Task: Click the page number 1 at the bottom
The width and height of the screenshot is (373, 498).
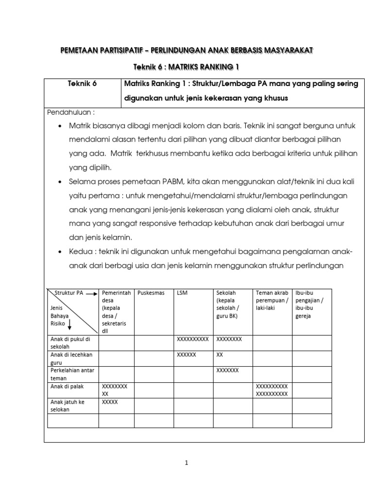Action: coord(186,463)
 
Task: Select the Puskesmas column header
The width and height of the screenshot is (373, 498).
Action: coord(151,293)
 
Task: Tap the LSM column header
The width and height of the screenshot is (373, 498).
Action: coord(183,293)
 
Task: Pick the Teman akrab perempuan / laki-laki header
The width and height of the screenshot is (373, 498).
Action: coord(272,297)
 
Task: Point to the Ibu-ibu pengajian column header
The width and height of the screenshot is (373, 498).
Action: coord(309,304)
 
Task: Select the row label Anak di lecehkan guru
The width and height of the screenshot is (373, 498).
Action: coord(71,358)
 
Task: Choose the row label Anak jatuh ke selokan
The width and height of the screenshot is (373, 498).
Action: coord(68,406)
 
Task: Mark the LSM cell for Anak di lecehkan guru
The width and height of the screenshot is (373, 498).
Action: coord(187,355)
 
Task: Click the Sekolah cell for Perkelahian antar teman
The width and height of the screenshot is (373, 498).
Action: coord(227,371)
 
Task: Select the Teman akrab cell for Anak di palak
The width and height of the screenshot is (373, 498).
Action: coord(272,390)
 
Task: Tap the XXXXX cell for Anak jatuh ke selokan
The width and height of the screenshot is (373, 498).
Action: coord(110,402)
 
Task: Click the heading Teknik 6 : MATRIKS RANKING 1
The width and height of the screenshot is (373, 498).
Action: coord(186,66)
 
